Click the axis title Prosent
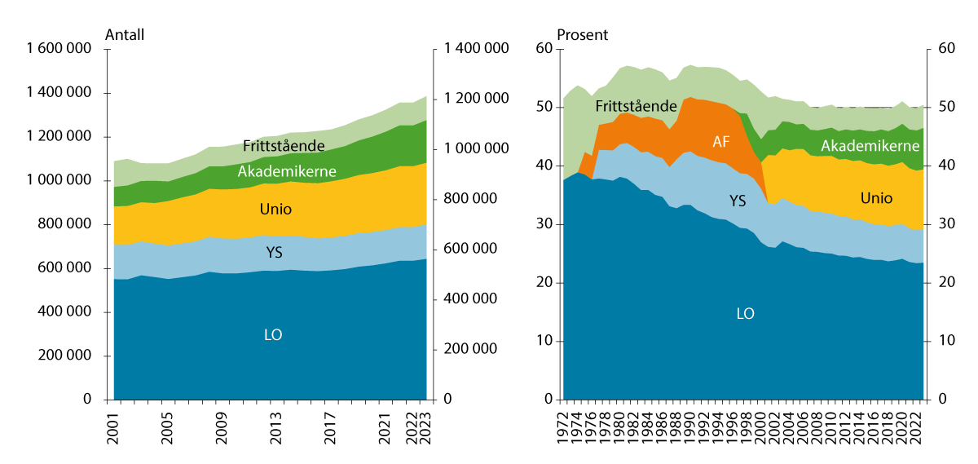(582, 35)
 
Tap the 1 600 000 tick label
(59, 49)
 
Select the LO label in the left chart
(273, 334)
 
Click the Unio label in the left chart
(275, 210)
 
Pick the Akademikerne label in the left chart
(277, 172)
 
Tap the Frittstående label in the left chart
(284, 147)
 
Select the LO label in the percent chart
(745, 313)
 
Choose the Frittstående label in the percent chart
(636, 106)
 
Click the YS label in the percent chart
(737, 201)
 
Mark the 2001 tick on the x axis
(112, 427)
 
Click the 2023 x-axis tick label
(426, 427)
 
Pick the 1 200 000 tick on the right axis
(471, 99)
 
